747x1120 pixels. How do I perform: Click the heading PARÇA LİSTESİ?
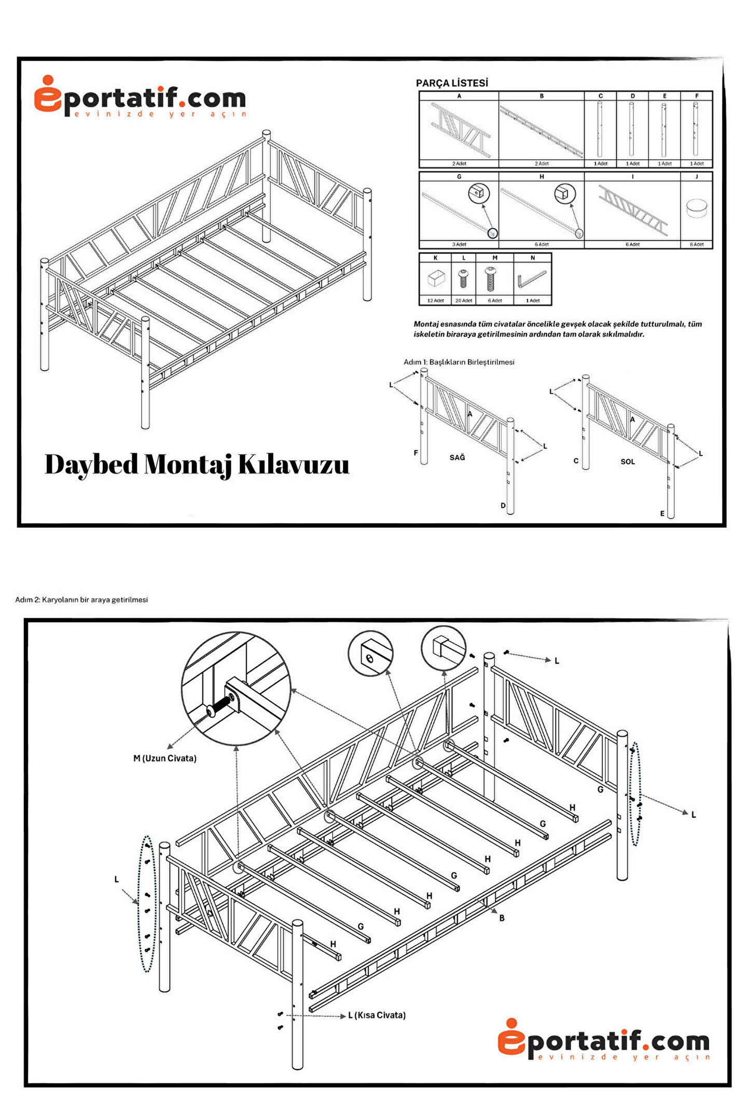tap(451, 83)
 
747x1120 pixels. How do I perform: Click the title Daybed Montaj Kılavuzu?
tap(197, 464)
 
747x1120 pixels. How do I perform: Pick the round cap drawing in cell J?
tap(696, 208)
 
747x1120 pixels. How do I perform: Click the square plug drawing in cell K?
tap(436, 279)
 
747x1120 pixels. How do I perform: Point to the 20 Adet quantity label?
tap(463, 301)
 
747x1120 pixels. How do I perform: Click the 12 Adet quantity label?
tap(435, 301)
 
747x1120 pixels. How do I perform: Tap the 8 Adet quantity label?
tap(696, 244)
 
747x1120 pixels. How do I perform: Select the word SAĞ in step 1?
tap(457, 457)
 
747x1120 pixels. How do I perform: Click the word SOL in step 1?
tap(627, 461)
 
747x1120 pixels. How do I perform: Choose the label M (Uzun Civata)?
tap(165, 758)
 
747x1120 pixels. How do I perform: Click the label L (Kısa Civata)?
tap(377, 1015)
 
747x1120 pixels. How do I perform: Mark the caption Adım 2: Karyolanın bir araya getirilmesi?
tap(81, 599)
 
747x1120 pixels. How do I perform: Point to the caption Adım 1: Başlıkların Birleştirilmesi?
tap(459, 362)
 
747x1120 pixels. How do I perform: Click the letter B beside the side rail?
tap(502, 918)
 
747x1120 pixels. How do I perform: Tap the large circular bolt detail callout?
tap(236, 689)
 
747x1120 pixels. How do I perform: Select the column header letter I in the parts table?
tap(632, 177)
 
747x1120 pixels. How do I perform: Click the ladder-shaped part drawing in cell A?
tap(460, 130)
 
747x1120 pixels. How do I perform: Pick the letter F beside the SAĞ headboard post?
tap(416, 453)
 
